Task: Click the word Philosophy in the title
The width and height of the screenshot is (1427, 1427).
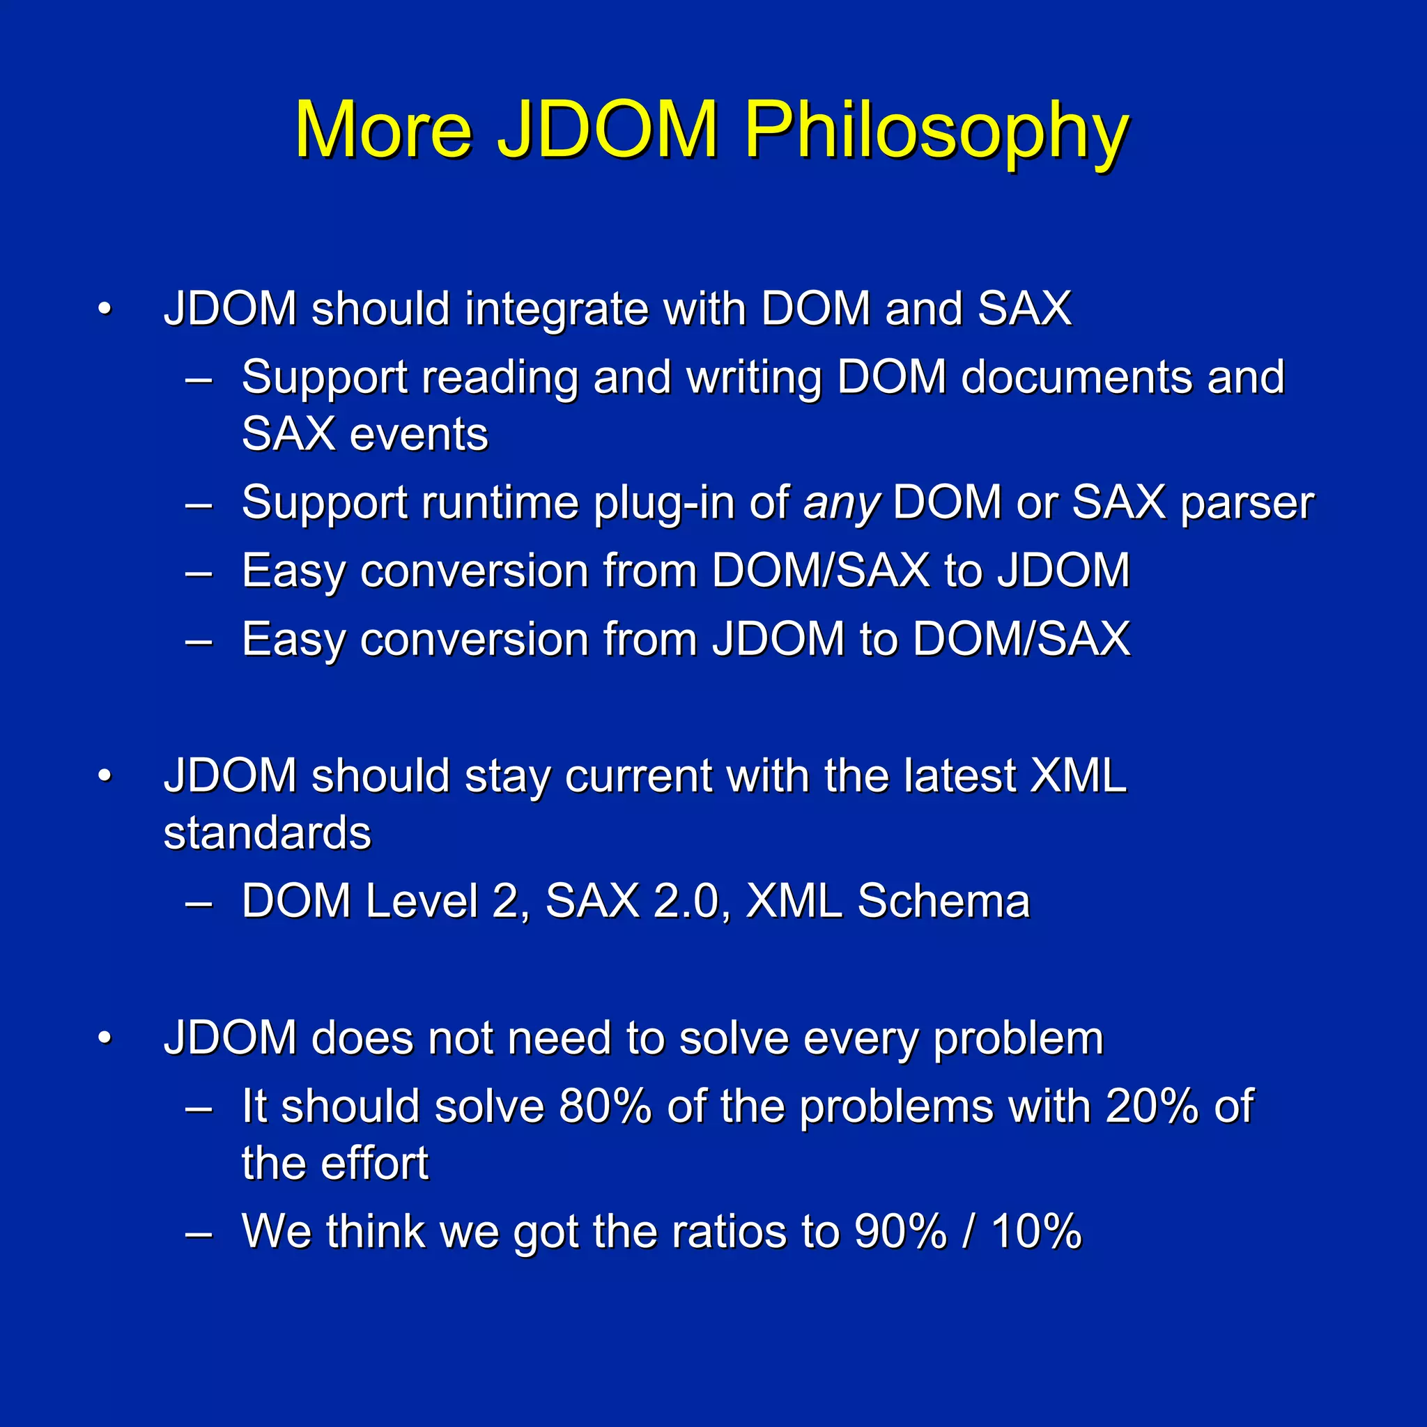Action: click(x=936, y=132)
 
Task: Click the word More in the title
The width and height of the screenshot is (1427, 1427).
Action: click(x=383, y=132)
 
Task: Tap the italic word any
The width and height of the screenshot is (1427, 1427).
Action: click(x=841, y=504)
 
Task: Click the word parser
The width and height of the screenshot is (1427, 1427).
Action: click(x=1247, y=504)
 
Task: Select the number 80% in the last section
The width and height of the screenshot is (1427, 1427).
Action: click(x=605, y=1106)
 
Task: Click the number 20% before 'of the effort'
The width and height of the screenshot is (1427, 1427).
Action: click(x=1152, y=1106)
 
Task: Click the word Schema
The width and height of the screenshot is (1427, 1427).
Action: click(x=943, y=902)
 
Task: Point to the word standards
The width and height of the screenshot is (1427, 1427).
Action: click(x=267, y=833)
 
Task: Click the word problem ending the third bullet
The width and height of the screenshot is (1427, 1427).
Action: click(x=1018, y=1038)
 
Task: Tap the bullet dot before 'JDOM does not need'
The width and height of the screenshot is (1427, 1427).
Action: click(x=105, y=1038)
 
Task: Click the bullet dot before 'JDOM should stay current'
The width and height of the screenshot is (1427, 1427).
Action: click(x=105, y=776)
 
